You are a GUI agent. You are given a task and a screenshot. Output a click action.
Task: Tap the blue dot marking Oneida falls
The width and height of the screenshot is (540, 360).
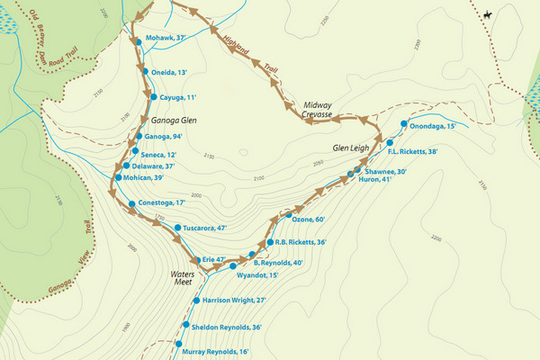(x=143, y=72)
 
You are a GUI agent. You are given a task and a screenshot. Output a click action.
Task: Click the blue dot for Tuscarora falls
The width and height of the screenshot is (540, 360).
(x=178, y=229)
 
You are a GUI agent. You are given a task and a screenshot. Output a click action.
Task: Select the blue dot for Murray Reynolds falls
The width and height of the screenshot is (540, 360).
(x=178, y=345)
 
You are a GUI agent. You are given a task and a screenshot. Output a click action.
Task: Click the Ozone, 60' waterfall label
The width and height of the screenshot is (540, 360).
(x=308, y=219)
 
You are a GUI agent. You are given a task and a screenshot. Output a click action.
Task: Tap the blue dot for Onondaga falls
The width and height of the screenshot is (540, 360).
(x=404, y=125)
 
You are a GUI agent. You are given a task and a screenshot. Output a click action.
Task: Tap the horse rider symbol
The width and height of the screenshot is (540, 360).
(x=487, y=14)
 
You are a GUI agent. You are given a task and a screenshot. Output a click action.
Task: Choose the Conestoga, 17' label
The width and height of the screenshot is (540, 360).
(x=167, y=202)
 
